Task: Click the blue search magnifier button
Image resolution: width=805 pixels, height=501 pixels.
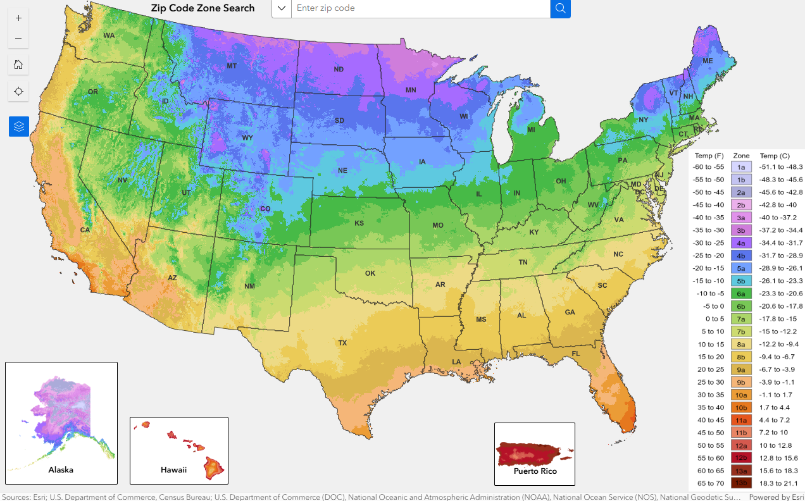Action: coord(560,8)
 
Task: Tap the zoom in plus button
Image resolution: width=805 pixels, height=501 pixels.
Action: coord(18,18)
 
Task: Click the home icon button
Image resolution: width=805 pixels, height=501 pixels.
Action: coord(18,64)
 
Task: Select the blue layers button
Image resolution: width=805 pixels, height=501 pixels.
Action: coord(18,127)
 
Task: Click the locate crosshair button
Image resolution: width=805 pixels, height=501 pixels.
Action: coord(18,92)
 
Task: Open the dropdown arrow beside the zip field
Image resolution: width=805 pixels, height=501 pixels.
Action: coord(282,8)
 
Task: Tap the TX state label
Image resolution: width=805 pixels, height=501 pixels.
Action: coord(342,343)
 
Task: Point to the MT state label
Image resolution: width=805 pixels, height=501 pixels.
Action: coord(232,66)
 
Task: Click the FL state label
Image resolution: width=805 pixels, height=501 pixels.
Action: coord(576,354)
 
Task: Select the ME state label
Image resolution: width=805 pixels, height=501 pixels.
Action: coord(708,61)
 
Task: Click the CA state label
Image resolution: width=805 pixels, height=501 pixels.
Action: coord(85,230)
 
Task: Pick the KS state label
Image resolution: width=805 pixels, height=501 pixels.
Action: coord(359,223)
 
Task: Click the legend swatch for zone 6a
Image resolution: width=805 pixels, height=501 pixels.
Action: coord(740,294)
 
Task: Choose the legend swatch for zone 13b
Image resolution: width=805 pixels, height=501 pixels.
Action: coord(740,483)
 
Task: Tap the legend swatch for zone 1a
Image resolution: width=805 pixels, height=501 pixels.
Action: coord(740,167)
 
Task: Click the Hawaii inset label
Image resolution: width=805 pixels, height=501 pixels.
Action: coord(173,469)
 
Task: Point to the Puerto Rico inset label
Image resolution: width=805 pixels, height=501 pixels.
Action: coord(535,471)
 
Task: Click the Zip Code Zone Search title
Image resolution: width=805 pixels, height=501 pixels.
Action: coord(203,8)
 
